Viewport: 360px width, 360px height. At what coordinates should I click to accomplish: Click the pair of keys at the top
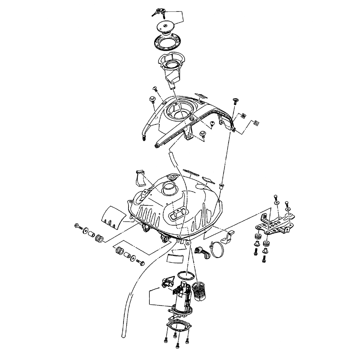pos(159,13)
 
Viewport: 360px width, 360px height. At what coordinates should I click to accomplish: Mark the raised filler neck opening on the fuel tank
pos(168,187)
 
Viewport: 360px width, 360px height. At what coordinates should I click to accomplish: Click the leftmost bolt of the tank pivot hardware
pos(78,226)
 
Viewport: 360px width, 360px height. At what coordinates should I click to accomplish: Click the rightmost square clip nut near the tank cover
pos(256,123)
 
